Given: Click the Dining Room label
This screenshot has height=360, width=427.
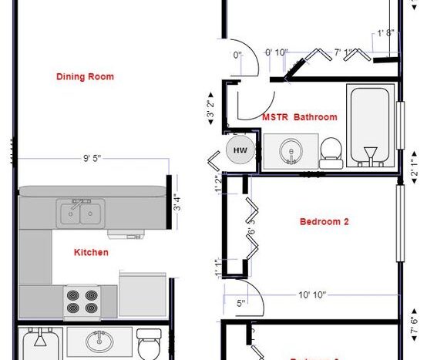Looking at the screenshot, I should pos(85,76).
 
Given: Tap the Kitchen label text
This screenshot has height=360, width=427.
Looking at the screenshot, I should pos(91,252).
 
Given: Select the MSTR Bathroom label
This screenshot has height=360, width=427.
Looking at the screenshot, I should pos(300,117).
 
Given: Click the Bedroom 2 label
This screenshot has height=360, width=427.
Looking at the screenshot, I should pos(324,221).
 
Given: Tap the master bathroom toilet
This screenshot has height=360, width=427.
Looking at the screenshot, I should pos(331,151).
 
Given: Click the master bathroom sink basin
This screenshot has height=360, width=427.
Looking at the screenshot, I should pos(291,150).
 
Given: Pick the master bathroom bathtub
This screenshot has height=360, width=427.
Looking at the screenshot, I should pos(370,127).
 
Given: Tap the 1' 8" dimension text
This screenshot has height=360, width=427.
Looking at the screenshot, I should pos(386,33).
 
